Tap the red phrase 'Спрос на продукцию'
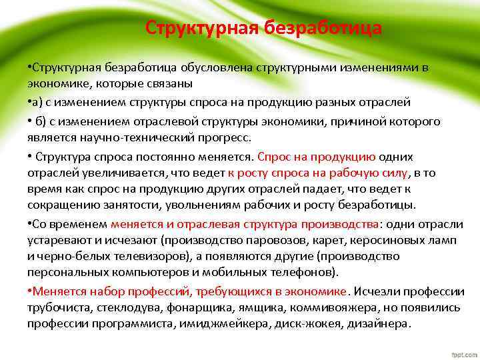[316, 157]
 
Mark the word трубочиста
[59, 308]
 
